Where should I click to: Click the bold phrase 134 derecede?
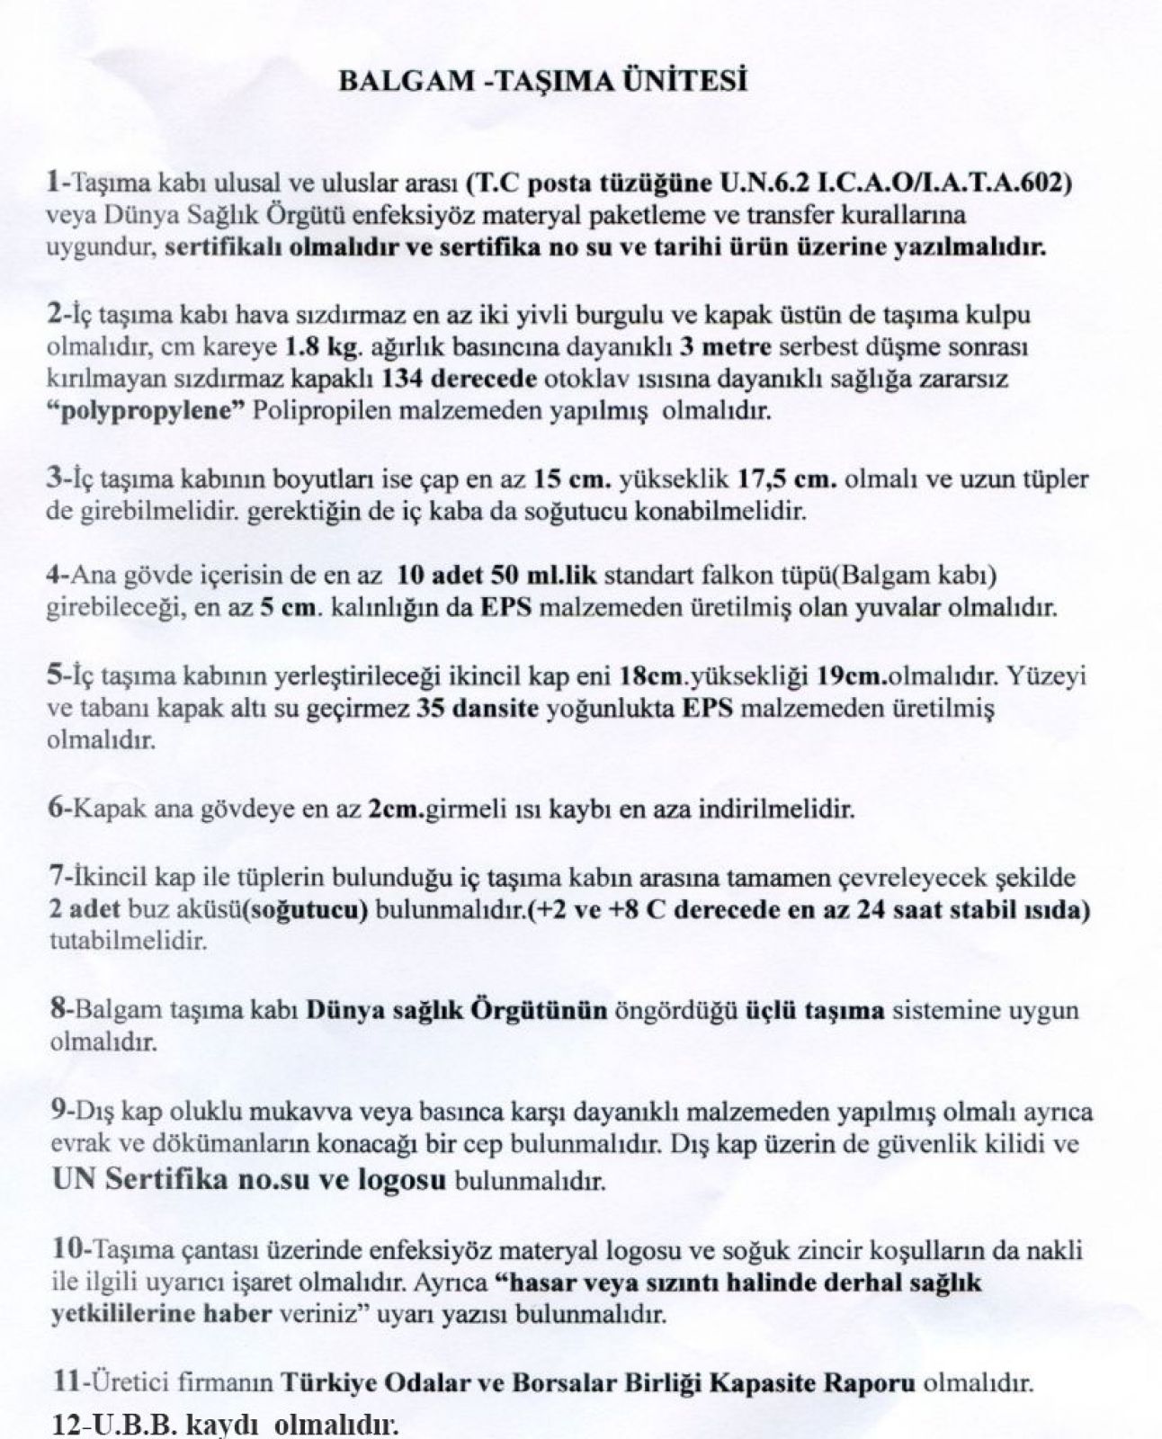[x=460, y=379]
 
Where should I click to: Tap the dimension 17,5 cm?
[x=788, y=479]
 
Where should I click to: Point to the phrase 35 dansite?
[x=478, y=708]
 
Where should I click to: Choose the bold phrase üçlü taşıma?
[x=817, y=1010]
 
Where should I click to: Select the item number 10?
[x=62, y=1250]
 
